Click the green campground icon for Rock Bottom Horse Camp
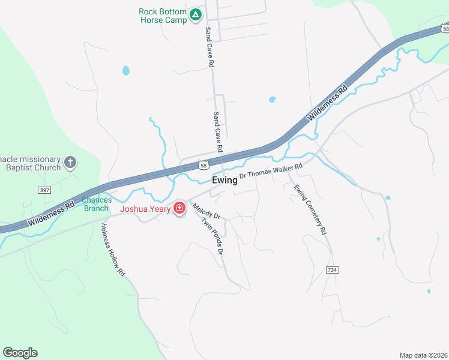(x=195, y=15)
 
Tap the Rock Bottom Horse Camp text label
(x=163, y=16)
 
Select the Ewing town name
(x=224, y=180)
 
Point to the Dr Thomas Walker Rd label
(x=271, y=172)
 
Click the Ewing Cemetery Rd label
(x=310, y=209)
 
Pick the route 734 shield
(x=332, y=270)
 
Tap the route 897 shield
(x=44, y=190)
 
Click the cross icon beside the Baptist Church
(x=71, y=162)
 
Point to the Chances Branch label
(x=97, y=204)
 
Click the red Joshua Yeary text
(x=145, y=209)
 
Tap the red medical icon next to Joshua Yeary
(x=179, y=208)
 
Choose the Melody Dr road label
(x=206, y=211)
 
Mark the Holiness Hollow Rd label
(x=112, y=250)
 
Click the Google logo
(x=20, y=353)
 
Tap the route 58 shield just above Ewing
(x=204, y=165)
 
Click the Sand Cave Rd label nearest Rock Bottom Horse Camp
(x=209, y=46)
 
